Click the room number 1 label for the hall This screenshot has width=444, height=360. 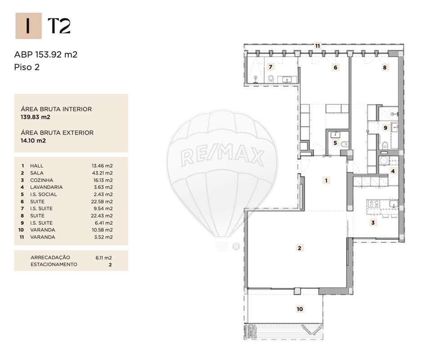coord(327,180)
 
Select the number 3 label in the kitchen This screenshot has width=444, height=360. coord(373,222)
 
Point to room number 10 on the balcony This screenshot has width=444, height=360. coord(300,309)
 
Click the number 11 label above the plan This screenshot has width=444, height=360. coord(318,46)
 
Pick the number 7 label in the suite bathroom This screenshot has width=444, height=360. coord(271,67)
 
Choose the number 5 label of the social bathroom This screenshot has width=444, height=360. coord(335,143)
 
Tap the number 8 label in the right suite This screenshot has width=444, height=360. coord(384,68)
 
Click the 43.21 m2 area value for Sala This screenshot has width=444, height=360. coord(102,173)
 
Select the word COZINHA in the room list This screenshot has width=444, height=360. coord(41,180)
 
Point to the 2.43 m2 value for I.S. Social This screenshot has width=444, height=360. coord(102,194)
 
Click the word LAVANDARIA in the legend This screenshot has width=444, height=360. coord(46,187)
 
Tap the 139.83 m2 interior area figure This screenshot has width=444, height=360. coord(36,117)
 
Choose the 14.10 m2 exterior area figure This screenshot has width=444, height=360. coord(33,140)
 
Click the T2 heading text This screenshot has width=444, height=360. coord(59,27)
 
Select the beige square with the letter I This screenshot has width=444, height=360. coord(28,26)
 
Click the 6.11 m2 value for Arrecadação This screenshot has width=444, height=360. coord(103,258)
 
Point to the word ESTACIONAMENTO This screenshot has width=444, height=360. coord(54,265)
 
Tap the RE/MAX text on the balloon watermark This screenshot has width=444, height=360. coord(222,157)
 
